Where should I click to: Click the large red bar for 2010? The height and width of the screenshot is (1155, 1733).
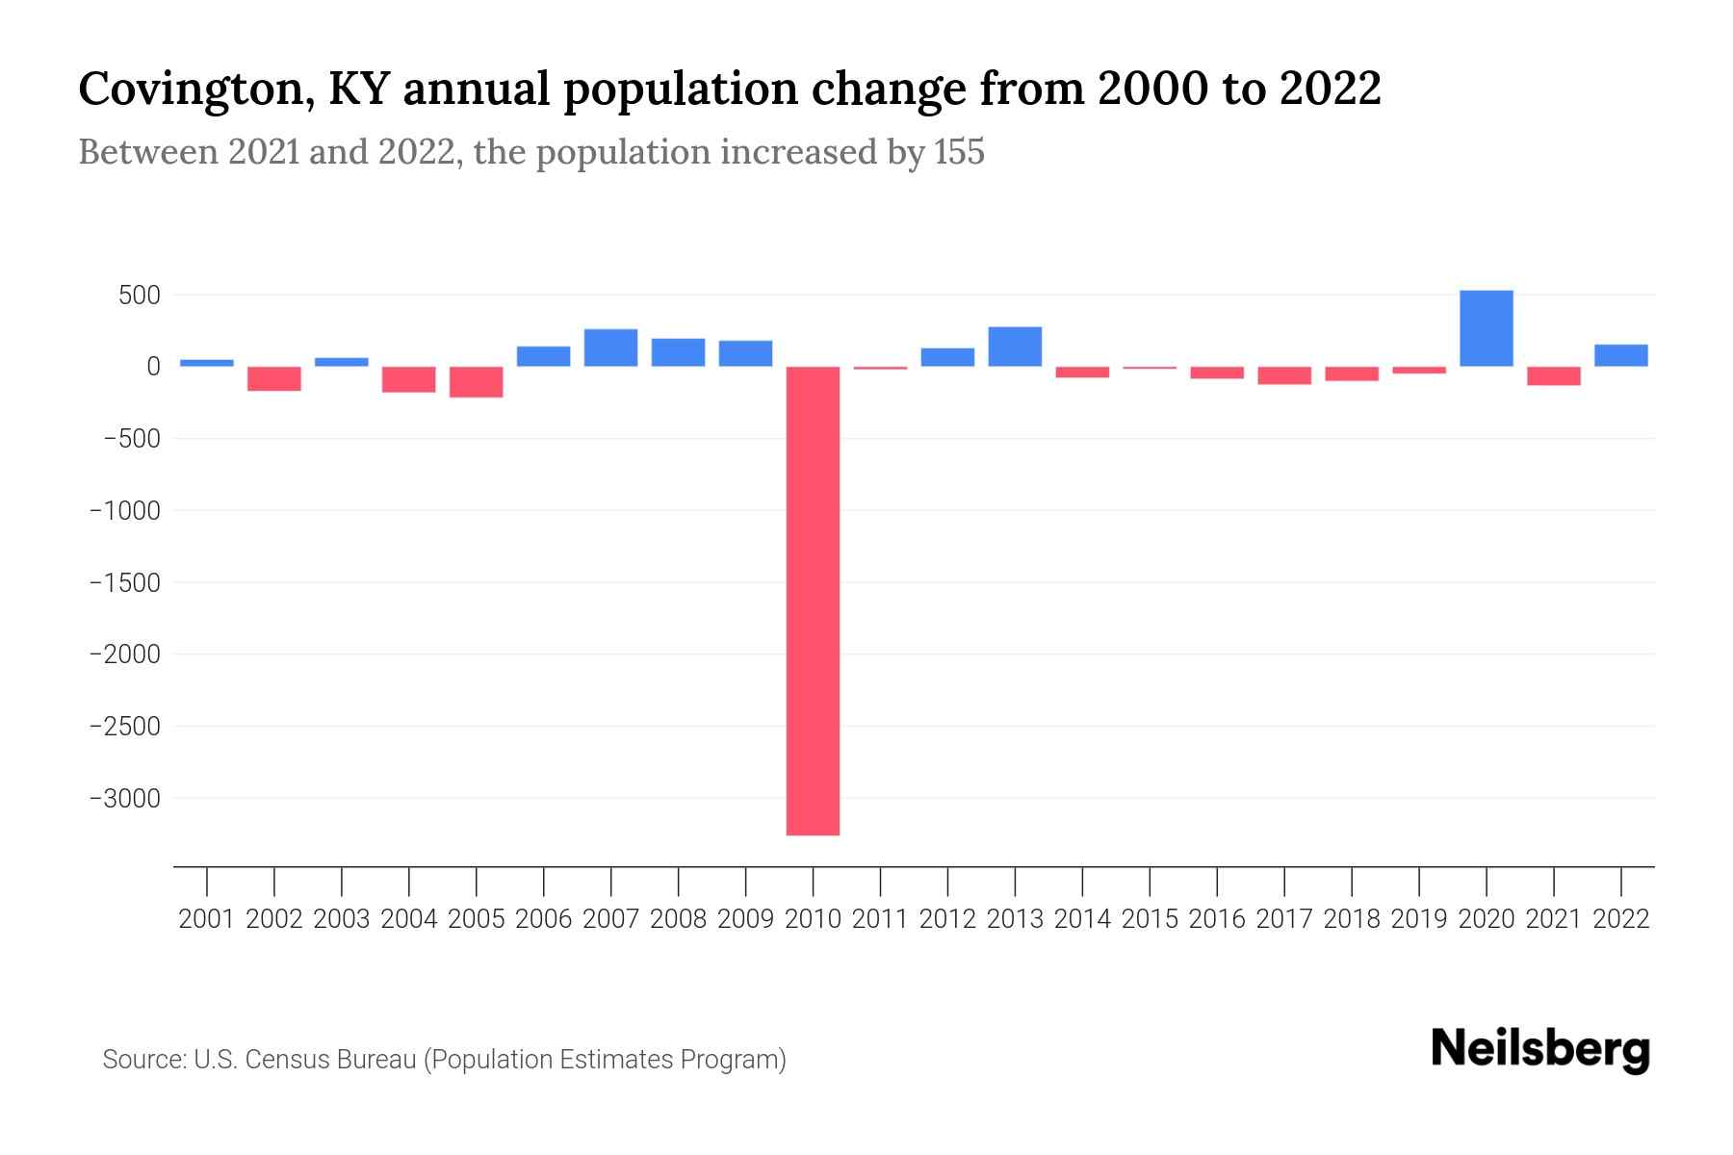(x=813, y=601)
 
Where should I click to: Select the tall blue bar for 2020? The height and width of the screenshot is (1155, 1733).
(x=1486, y=328)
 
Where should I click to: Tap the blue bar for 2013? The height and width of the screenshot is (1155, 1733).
(x=1015, y=346)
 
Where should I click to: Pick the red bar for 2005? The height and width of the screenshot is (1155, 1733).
(x=477, y=382)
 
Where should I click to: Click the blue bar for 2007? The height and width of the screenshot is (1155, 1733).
(x=610, y=347)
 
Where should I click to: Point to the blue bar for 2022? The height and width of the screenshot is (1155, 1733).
(x=1620, y=355)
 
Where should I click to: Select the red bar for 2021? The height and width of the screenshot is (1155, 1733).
(x=1553, y=376)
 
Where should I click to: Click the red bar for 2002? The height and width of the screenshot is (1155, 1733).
(x=274, y=379)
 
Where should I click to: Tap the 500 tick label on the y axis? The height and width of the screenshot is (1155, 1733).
(x=139, y=295)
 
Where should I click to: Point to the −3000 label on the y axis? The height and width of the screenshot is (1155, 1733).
(x=125, y=799)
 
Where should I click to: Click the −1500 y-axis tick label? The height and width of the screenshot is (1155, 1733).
(x=125, y=583)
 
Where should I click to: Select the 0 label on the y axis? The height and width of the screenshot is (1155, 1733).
(x=153, y=367)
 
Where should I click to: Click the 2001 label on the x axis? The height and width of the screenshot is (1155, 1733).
(x=207, y=919)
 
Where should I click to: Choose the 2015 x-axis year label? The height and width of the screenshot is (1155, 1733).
(x=1150, y=919)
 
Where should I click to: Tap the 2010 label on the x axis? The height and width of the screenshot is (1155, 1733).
(x=813, y=919)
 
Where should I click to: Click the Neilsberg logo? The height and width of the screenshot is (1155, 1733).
(x=1540, y=1050)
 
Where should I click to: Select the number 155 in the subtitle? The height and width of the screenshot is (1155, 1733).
(x=958, y=153)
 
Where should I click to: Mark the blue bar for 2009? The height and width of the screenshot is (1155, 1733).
(x=745, y=353)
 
